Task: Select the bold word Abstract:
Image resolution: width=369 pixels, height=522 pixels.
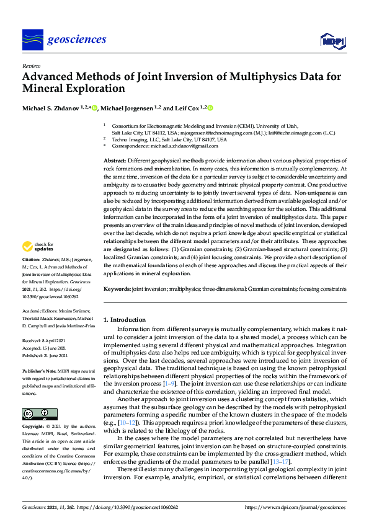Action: [116, 161]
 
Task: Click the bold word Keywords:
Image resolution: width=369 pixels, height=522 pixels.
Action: [117, 289]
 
